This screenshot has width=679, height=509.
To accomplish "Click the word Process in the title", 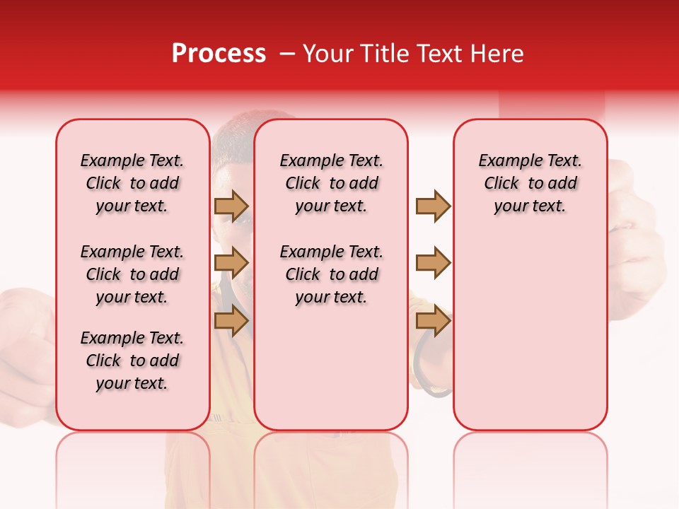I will point(219,54).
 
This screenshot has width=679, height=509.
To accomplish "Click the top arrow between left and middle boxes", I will point(231,206).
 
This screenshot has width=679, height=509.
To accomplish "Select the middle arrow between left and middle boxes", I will point(231,263).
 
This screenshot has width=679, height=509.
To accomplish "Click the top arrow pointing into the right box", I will point(433,206).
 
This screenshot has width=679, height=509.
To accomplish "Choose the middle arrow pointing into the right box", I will point(433,263).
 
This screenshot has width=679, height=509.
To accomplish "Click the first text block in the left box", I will point(132,183).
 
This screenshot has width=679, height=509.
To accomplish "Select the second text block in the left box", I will point(132,274).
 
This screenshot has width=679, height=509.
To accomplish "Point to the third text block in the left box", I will point(132,361).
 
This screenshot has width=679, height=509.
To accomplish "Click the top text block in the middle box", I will point(331,183).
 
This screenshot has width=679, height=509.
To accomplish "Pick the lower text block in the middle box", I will point(331,274).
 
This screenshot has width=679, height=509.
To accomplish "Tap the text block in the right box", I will point(530,183).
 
